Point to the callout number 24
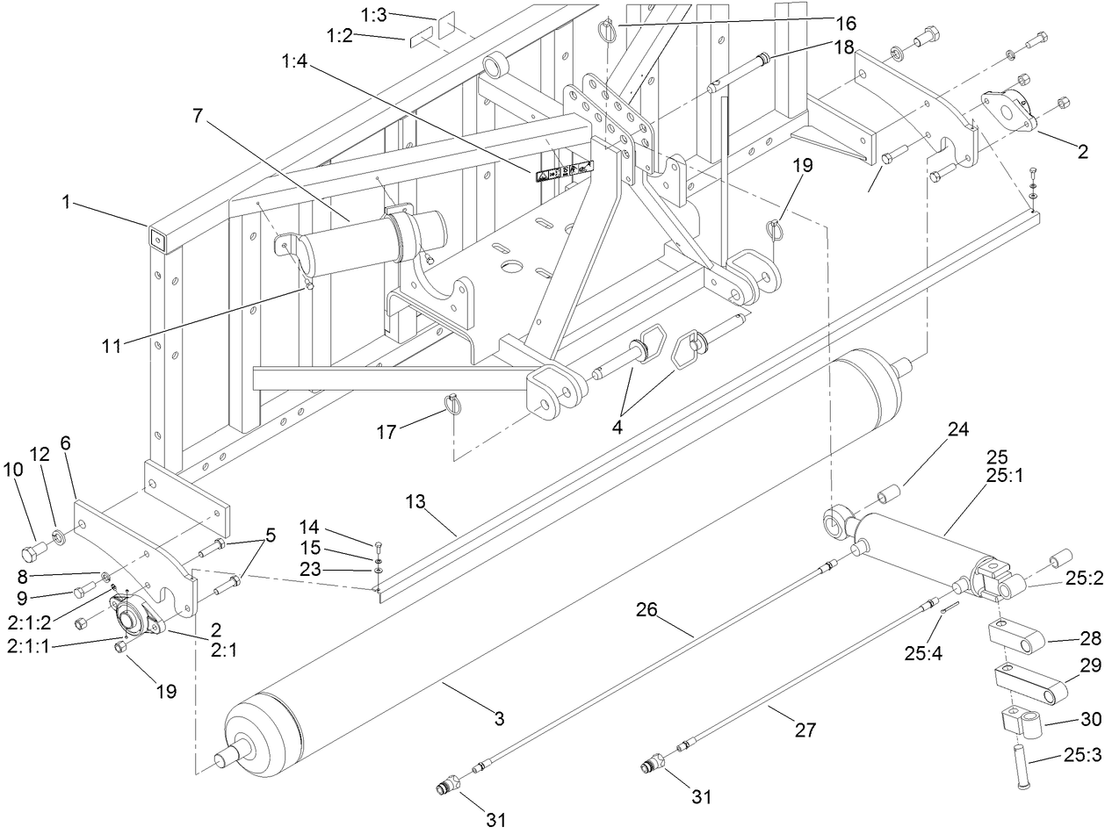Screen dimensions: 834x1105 [958, 430]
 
